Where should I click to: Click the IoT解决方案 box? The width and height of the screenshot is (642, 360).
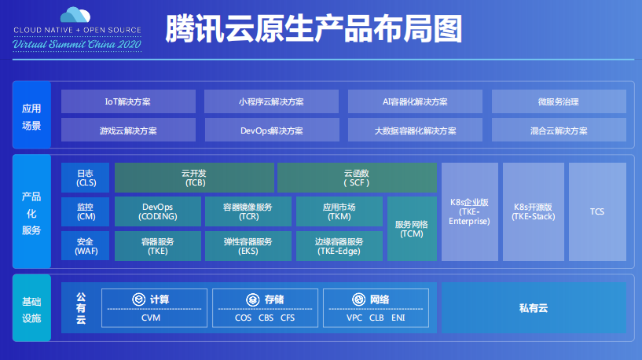pyautogui.click(x=128, y=102)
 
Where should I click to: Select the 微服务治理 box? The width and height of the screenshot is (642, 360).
pyautogui.click(x=558, y=102)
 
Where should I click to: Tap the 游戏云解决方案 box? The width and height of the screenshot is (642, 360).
pyautogui.click(x=128, y=130)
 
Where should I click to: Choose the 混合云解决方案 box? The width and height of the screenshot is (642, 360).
pyautogui.click(x=558, y=130)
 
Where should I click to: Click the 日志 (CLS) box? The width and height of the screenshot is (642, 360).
pyautogui.click(x=86, y=178)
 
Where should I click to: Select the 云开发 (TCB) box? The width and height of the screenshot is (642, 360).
pyautogui.click(x=194, y=178)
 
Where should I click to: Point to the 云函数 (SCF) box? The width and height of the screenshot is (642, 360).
pyautogui.click(x=357, y=178)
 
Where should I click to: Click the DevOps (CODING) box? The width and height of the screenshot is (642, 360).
pyautogui.click(x=157, y=211)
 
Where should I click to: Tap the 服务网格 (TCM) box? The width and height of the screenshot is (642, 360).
pyautogui.click(x=412, y=229)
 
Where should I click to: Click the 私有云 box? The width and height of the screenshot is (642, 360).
pyautogui.click(x=534, y=307)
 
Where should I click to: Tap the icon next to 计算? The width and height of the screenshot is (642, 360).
pyautogui.click(x=138, y=299)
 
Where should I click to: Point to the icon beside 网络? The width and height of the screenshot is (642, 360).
pyautogui.click(x=358, y=299)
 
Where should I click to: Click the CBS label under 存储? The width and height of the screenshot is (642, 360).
pyautogui.click(x=265, y=318)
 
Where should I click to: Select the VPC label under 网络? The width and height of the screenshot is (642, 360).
pyautogui.click(x=355, y=318)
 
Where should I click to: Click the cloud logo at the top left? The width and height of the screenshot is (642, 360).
pyautogui.click(x=76, y=15)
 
